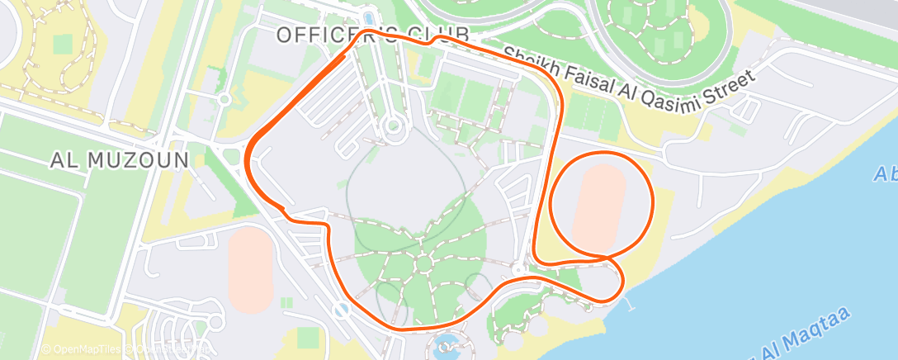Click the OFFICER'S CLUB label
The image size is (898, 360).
tap(372, 36)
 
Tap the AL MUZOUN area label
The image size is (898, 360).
tap(121, 160)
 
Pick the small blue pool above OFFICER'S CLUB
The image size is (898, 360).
tap(369, 16)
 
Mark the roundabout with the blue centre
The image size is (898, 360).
tap(340, 310)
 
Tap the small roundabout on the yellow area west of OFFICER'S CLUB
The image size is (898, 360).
tap(224, 100)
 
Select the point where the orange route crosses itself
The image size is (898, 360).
tap(608, 259)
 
